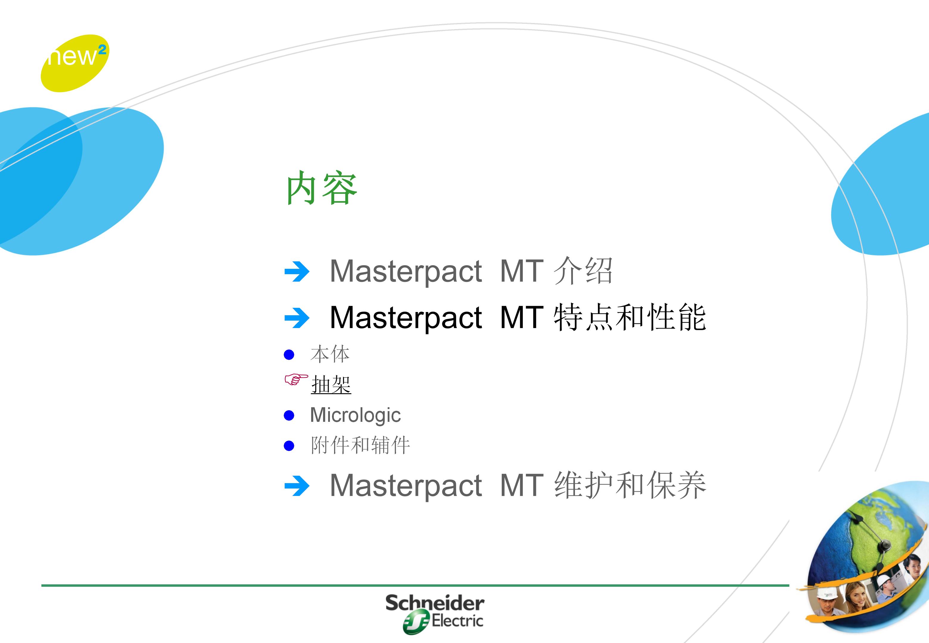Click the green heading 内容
pos(322,188)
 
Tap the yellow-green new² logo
pos(74,63)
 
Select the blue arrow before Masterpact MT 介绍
pos(297,271)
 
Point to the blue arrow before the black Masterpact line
pos(297,318)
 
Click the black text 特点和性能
pos(630,317)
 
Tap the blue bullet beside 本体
pos(289,355)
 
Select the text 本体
pos(330,354)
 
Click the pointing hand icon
pos(296,380)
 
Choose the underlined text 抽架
pos(331,384)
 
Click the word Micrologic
pos(355,415)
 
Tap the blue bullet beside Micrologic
pos(289,415)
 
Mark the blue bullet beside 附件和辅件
pos(289,446)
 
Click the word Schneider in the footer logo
pos(435,603)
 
